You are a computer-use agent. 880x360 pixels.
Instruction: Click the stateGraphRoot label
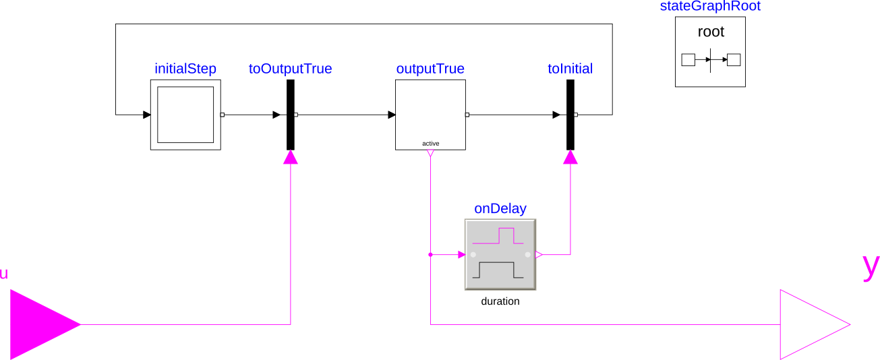[x=711, y=7]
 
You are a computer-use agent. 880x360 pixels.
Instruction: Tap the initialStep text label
[x=185, y=69]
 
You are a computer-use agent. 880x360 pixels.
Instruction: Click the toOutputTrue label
[x=290, y=69]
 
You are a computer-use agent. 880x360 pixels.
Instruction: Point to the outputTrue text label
[x=430, y=69]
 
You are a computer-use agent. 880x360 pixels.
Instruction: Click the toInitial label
[x=570, y=69]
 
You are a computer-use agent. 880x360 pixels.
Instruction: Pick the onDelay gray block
[x=500, y=254]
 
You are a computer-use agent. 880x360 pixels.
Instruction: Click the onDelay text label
[x=500, y=208]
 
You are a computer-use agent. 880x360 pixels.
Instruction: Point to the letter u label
[x=4, y=274]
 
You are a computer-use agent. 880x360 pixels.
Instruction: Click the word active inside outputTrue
[x=430, y=144]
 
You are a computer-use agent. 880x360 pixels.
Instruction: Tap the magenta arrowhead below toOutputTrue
[x=291, y=158]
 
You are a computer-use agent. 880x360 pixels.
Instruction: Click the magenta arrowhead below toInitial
[x=570, y=158]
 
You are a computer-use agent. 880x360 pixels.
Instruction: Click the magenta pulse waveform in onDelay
[x=500, y=237]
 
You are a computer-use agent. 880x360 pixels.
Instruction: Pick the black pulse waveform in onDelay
[x=500, y=270]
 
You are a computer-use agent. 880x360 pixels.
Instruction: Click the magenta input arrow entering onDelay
[x=461, y=255]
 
